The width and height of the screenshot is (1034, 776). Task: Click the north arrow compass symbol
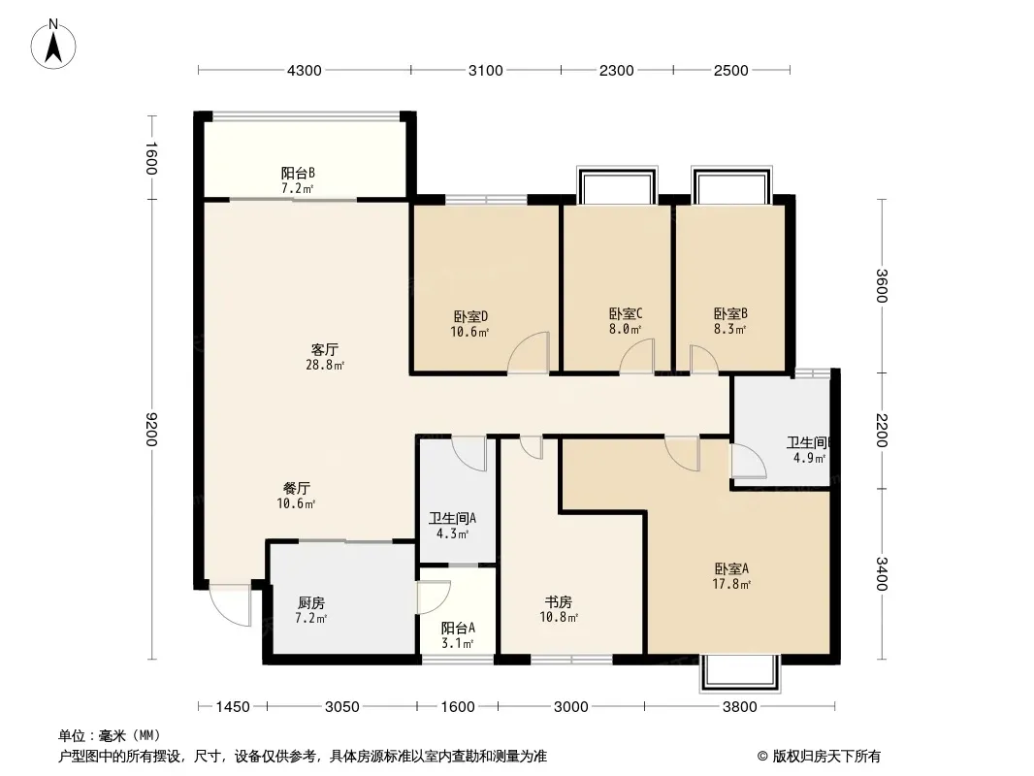click(x=53, y=45)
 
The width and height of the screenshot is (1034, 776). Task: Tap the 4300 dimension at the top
click(x=304, y=71)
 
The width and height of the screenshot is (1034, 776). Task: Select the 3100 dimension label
click(x=485, y=71)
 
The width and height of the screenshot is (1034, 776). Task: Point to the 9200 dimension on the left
click(x=151, y=429)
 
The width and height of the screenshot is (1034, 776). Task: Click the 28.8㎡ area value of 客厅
click(x=325, y=365)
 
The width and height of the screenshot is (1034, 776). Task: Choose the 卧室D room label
click(x=470, y=317)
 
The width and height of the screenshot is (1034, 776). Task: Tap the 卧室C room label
click(x=625, y=314)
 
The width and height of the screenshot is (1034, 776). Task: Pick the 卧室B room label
click(x=730, y=314)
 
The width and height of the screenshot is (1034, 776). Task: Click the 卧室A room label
click(x=731, y=568)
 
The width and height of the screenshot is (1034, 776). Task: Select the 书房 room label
click(x=558, y=602)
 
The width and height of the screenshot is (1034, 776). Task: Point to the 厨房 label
click(x=311, y=602)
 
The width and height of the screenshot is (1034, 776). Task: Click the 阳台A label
click(x=458, y=628)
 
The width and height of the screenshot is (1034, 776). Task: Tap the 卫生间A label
click(x=452, y=518)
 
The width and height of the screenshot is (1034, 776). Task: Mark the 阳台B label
click(x=298, y=174)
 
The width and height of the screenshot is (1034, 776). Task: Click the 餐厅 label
click(x=297, y=489)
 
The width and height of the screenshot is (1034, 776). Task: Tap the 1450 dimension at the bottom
click(x=233, y=707)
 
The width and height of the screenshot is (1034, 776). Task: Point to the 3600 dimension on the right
click(x=882, y=286)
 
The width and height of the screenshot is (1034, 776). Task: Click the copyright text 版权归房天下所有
click(x=826, y=757)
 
